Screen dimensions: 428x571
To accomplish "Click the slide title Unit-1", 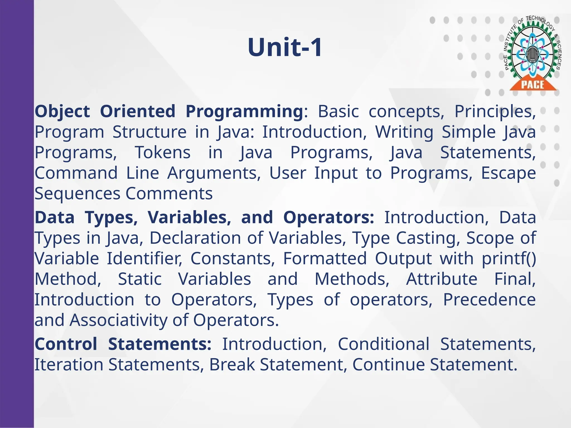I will (x=285, y=47).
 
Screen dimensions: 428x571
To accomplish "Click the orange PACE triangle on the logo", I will (x=533, y=84).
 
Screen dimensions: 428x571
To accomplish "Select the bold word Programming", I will (x=244, y=111).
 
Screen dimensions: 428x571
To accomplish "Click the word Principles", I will (x=495, y=111).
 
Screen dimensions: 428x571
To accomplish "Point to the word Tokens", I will (x=163, y=152).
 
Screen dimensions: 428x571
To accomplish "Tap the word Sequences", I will (x=78, y=194).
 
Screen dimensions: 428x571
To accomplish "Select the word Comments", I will (x=169, y=193).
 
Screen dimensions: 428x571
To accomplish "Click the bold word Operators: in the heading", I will (x=329, y=217).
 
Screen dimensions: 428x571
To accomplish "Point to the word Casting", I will (x=428, y=238).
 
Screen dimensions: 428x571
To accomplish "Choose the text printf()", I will (x=509, y=259).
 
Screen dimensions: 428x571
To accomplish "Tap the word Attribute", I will (x=442, y=279).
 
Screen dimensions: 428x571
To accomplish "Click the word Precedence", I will (x=489, y=300).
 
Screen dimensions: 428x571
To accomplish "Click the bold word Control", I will (x=66, y=344).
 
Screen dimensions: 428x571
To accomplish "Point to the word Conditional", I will (x=384, y=344).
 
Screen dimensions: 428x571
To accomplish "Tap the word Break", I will (x=232, y=364).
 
